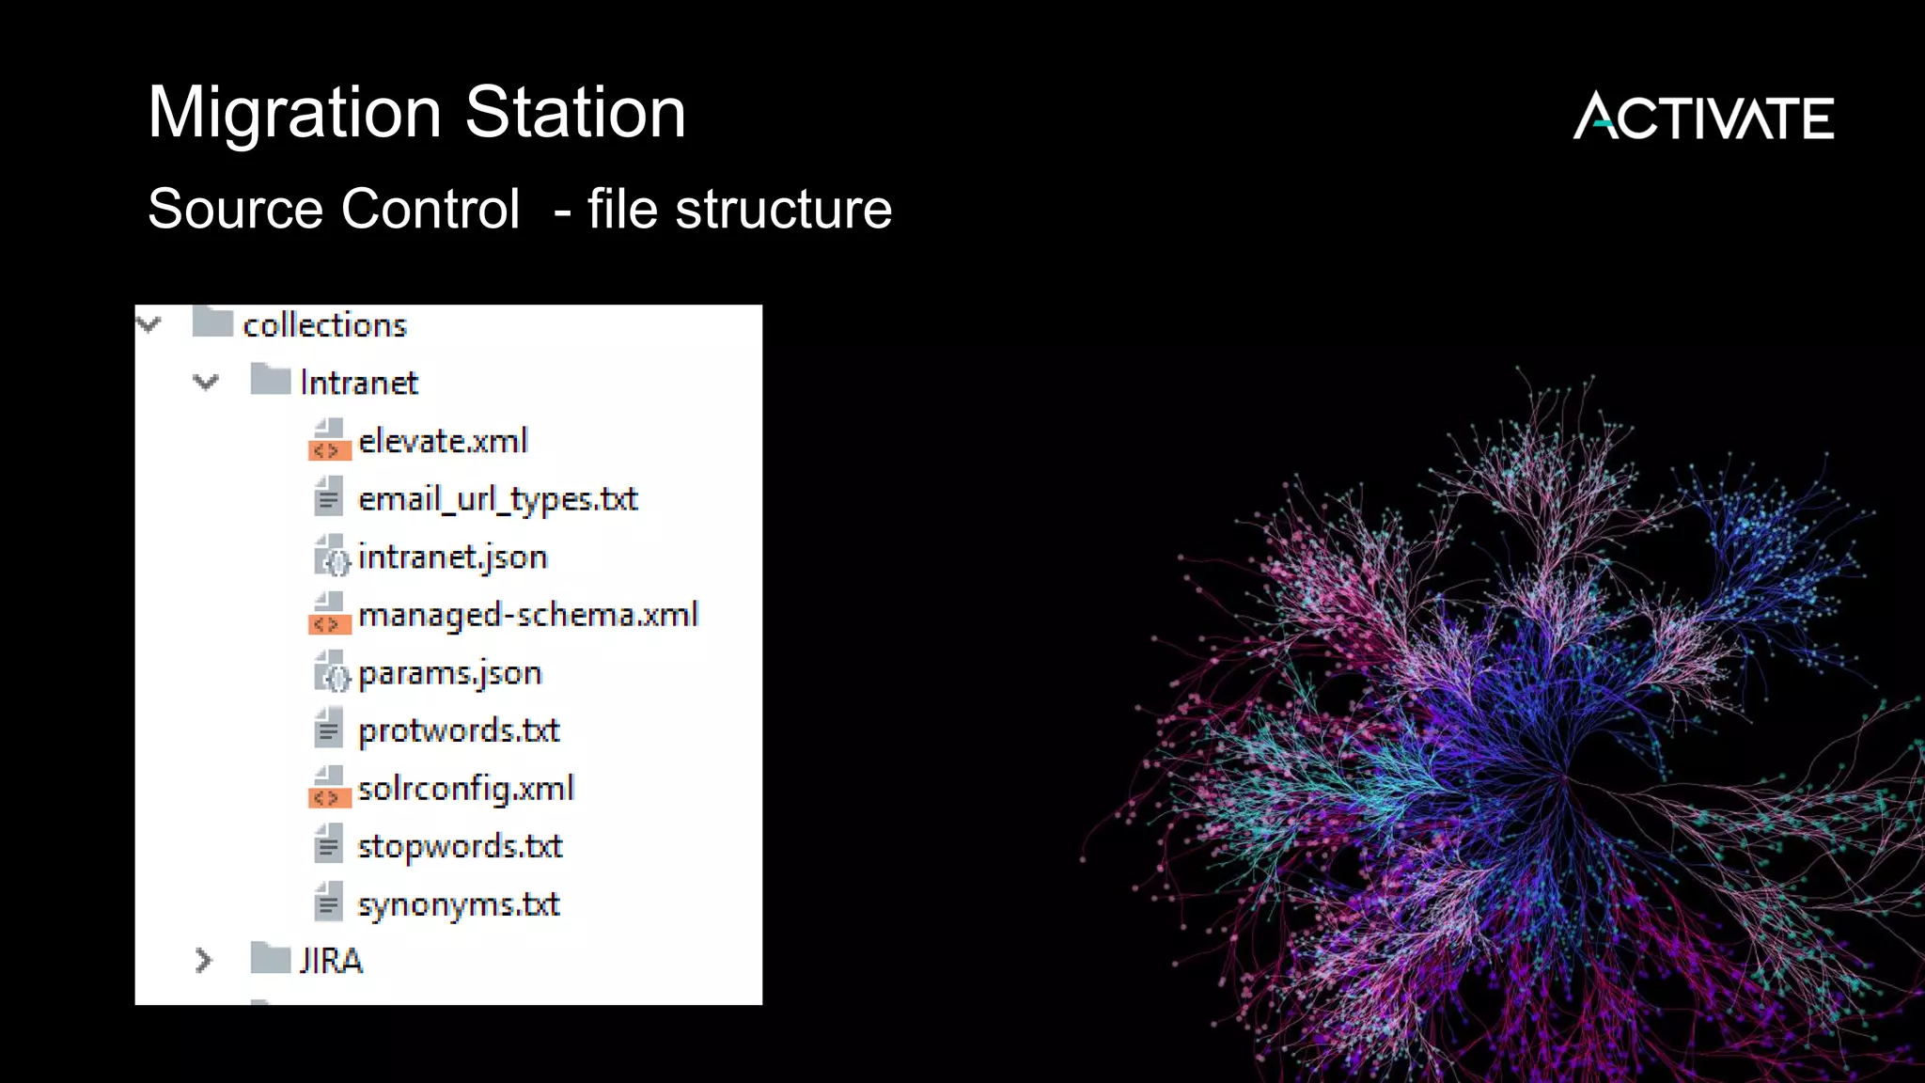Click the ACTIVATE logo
pyautogui.click(x=1703, y=117)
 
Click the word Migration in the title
pyautogui.click(x=294, y=113)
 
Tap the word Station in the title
pyautogui.click(x=575, y=113)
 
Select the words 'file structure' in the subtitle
pyautogui.click(x=739, y=209)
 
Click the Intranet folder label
pyautogui.click(x=358, y=383)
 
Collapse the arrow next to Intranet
pyautogui.click(x=206, y=382)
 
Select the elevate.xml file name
pyautogui.click(x=443, y=441)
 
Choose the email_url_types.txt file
pyautogui.click(x=497, y=499)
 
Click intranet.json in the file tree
pyautogui.click(x=452, y=557)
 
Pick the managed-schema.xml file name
pyautogui.click(x=528, y=615)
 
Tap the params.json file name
pyautogui.click(x=449, y=673)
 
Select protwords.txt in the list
pyautogui.click(x=459, y=730)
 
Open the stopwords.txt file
pyautogui.click(x=460, y=846)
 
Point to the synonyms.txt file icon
pyautogui.click(x=328, y=902)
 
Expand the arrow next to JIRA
pyautogui.click(x=203, y=960)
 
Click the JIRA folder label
pyautogui.click(x=331, y=961)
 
